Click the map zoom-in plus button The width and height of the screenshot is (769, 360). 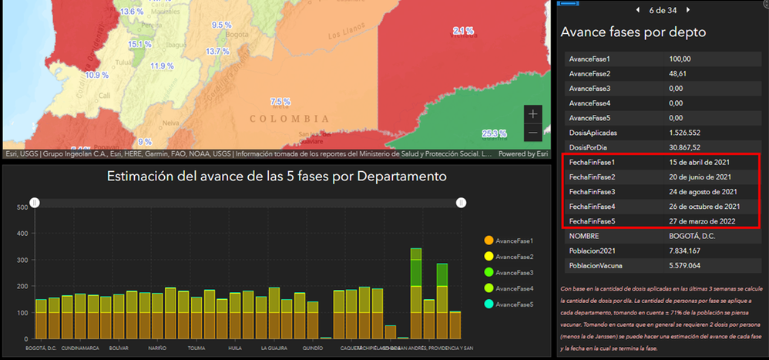point(533,113)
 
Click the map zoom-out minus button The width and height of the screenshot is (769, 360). point(533,133)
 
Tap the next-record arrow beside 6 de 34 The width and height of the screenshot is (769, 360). point(688,10)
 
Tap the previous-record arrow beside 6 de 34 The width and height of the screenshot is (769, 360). point(637,10)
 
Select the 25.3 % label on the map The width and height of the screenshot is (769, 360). point(494,133)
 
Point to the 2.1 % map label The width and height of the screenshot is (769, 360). point(463,31)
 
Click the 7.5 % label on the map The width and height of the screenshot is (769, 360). point(280,102)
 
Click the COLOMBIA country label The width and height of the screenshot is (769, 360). point(289,119)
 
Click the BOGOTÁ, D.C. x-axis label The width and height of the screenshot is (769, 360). point(42,348)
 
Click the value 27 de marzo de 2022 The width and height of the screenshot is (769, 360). point(707,220)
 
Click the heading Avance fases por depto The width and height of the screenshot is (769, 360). point(633,32)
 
